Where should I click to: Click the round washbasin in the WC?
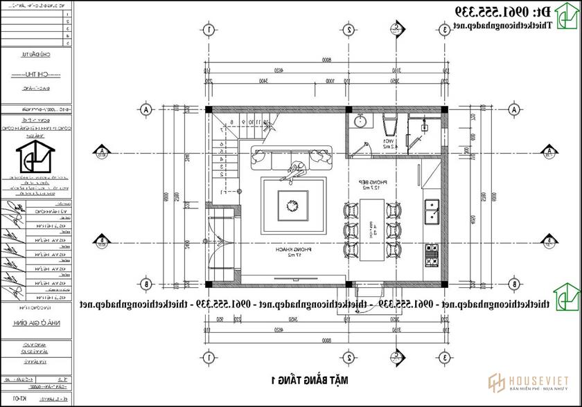pos(360,123)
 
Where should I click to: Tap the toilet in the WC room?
pos(390,126)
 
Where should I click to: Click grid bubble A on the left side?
pos(145,110)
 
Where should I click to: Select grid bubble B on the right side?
pos(514,283)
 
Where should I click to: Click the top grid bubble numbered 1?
pos(208,30)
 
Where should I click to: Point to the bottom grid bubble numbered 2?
pos(349,357)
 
